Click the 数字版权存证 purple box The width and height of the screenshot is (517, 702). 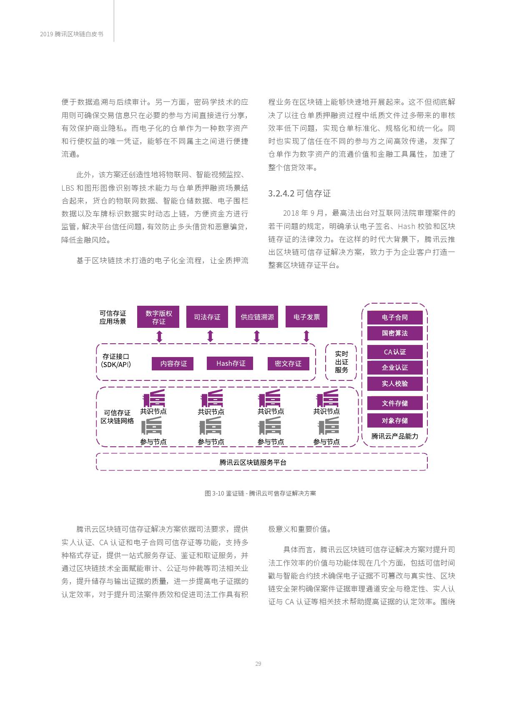(158, 317)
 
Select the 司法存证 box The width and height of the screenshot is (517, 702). (207, 317)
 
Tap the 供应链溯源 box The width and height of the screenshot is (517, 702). (257, 317)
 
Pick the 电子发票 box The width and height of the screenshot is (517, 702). (306, 317)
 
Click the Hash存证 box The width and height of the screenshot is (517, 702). (230, 364)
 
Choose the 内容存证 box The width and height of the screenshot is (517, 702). (173, 364)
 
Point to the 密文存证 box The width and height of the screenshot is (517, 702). (288, 364)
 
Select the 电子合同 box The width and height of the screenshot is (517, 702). (395, 317)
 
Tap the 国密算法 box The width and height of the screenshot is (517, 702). (395, 333)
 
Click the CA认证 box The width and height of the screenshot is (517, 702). (395, 352)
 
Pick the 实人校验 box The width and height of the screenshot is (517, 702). (395, 384)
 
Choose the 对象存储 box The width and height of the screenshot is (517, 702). (395, 420)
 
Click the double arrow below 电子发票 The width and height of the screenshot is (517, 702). (306, 336)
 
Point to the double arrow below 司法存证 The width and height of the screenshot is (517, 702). (210, 336)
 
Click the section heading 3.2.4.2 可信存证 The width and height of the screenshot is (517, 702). (299, 194)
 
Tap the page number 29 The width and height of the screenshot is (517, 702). (258, 664)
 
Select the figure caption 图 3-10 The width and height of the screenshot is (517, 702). (260, 493)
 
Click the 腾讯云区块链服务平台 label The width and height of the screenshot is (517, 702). (253, 463)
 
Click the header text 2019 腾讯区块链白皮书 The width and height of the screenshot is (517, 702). (72, 34)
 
